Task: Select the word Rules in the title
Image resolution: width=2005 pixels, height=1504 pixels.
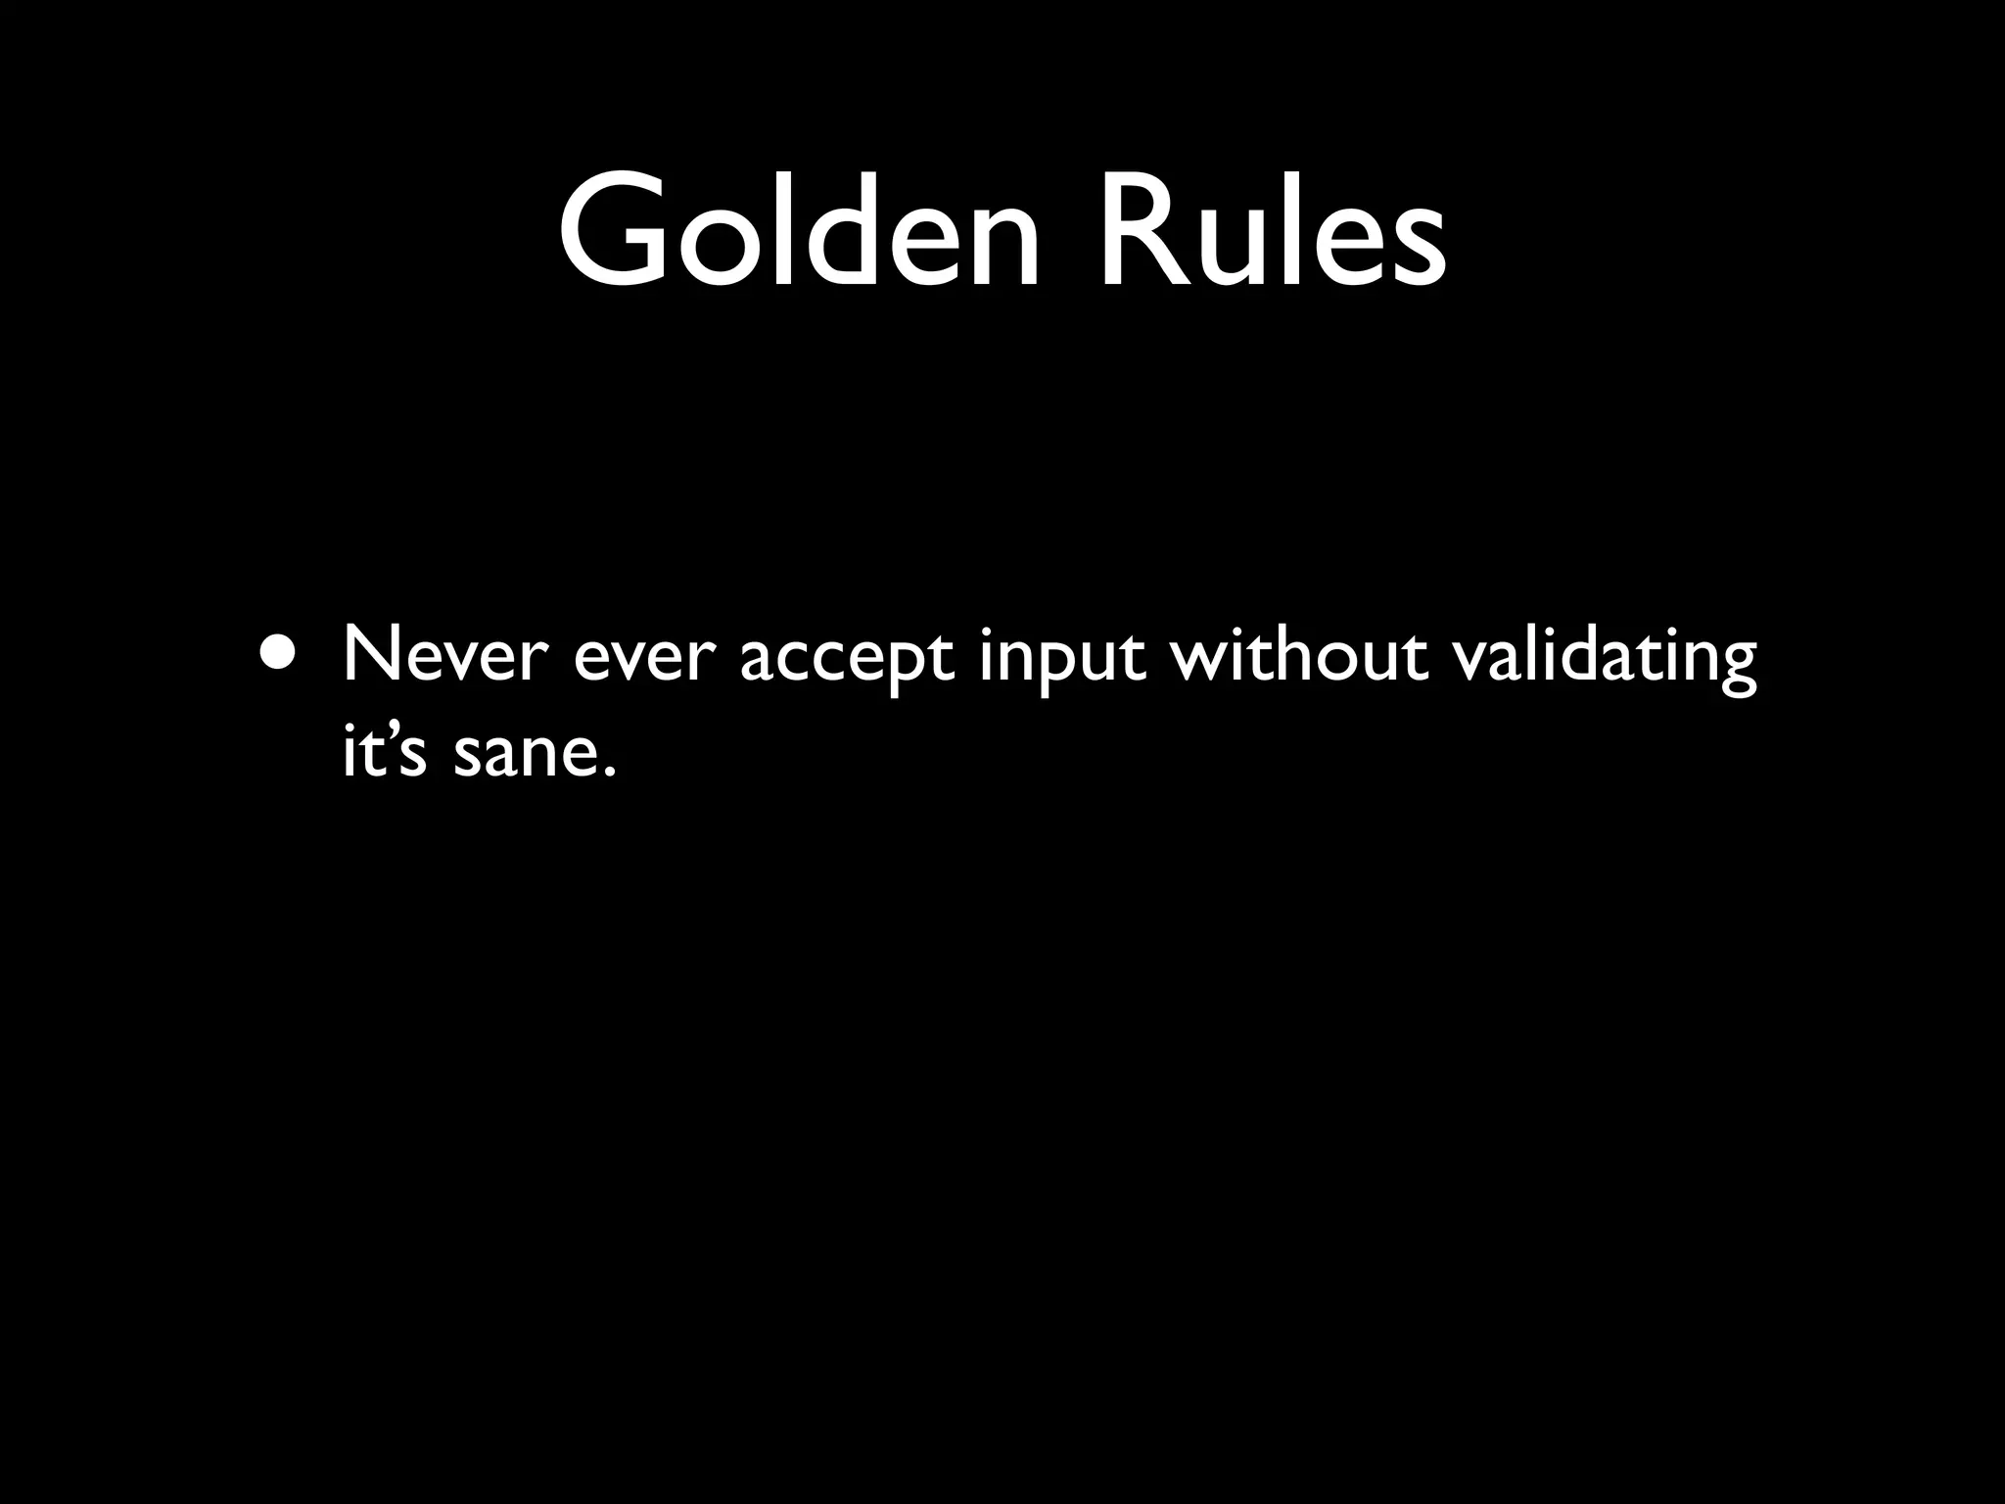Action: [1271, 233]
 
